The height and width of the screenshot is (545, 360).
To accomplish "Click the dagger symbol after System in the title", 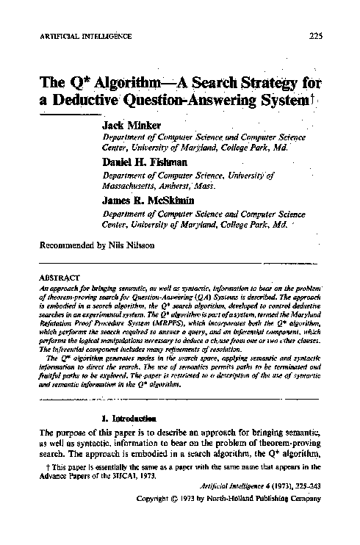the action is [313, 98].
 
